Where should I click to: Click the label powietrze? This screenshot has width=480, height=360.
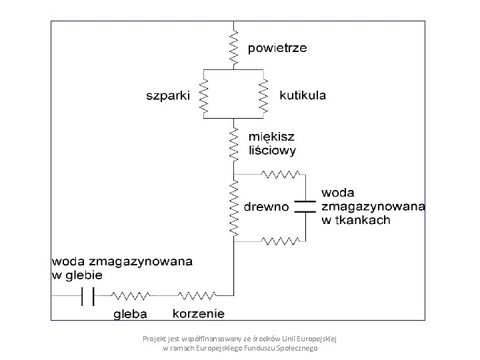click(277, 49)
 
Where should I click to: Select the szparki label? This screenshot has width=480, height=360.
click(168, 95)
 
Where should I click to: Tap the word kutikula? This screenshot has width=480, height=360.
click(303, 95)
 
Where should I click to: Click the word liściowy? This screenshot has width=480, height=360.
click(271, 151)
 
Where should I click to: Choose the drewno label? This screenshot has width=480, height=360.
click(267, 207)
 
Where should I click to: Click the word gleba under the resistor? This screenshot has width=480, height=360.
click(131, 313)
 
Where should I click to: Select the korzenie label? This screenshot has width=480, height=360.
click(199, 313)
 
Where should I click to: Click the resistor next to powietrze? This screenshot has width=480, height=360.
click(234, 46)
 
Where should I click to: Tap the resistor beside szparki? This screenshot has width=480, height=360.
click(205, 95)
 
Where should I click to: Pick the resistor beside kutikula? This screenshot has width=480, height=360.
click(263, 95)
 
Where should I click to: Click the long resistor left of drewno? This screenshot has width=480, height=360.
click(234, 207)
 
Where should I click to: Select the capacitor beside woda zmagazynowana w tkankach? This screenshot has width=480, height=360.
click(305, 205)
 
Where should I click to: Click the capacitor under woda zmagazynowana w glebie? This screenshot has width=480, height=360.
click(87, 294)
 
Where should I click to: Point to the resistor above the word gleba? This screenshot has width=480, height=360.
click(131, 294)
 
